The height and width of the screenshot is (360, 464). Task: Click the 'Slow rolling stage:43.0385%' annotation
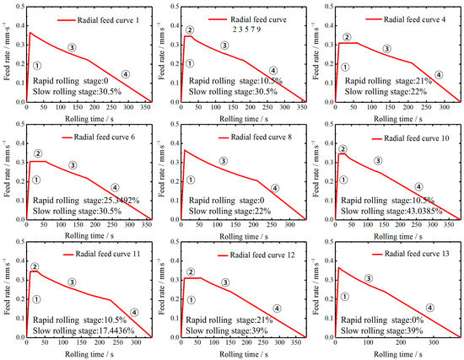[386, 209]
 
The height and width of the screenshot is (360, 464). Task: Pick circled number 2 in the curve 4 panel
[346, 37]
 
